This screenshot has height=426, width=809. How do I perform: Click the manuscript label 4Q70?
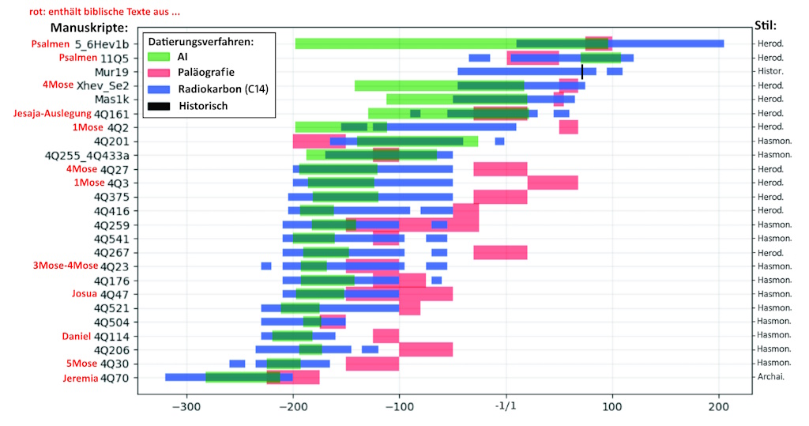[114, 378]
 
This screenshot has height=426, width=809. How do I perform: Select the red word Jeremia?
[80, 378]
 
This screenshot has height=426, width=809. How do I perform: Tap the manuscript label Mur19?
[111, 72]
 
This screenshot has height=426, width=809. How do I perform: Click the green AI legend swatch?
[159, 56]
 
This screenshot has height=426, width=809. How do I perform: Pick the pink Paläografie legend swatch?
[159, 73]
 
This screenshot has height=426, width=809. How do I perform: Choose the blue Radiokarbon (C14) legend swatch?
[159, 89]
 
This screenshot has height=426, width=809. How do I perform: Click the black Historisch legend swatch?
[159, 105]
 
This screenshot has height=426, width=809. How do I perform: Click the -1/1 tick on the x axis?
[506, 408]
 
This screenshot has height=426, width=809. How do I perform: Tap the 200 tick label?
[718, 408]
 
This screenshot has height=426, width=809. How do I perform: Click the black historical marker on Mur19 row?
[582, 72]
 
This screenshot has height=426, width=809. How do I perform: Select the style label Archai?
[770, 378]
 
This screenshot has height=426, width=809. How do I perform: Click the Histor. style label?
[770, 72]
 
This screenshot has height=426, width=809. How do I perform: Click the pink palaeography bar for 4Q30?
[372, 364]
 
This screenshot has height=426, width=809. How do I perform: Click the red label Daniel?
[77, 336]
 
